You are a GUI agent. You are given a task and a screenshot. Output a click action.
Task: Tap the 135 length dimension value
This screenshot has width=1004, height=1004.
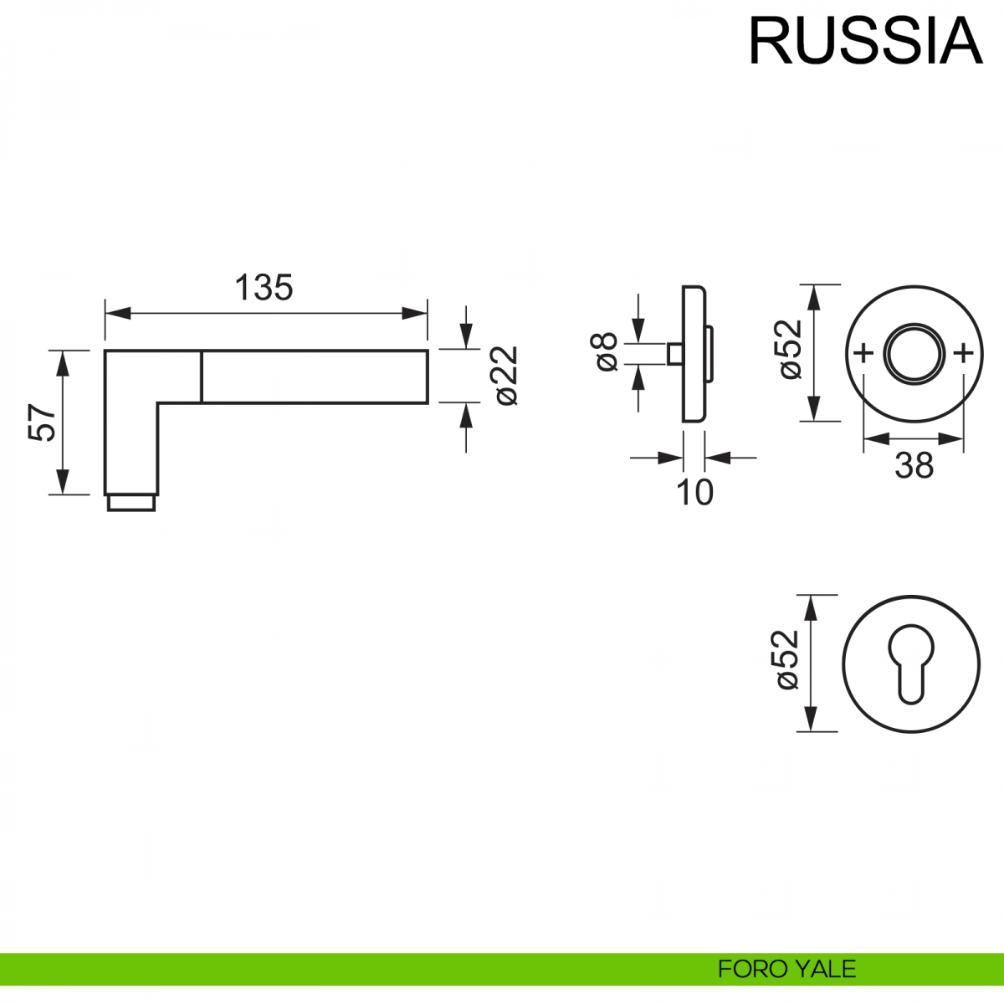264,288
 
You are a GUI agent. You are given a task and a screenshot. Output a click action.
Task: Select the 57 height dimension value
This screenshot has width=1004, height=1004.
43,422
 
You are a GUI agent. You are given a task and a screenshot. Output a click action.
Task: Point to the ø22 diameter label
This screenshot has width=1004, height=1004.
507,376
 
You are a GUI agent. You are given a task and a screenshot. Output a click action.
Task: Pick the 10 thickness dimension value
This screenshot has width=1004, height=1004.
694,493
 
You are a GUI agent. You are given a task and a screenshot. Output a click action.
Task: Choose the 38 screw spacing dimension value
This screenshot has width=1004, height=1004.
914,465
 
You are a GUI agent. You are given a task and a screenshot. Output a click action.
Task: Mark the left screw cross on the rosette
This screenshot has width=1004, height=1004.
863,352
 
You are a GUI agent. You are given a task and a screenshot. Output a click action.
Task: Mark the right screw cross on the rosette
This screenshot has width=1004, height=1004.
964,352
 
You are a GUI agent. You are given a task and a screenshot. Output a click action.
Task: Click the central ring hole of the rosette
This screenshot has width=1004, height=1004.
914,353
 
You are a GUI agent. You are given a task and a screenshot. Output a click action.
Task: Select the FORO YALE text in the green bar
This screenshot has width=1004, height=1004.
786,969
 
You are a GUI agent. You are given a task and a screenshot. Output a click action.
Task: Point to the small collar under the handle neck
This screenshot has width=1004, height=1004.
131,502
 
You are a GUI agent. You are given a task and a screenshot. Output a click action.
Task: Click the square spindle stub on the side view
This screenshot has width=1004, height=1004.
674,353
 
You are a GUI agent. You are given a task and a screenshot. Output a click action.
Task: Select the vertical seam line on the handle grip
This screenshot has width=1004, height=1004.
202,376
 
